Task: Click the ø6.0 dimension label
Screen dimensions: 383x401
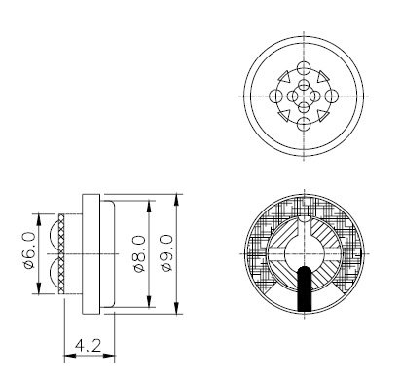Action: (x=29, y=250)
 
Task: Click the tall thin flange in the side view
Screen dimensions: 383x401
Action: (x=92, y=251)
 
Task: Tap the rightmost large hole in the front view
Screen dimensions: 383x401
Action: (x=330, y=96)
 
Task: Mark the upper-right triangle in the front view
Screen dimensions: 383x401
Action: (x=323, y=77)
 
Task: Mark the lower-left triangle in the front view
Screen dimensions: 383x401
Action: (x=283, y=117)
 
